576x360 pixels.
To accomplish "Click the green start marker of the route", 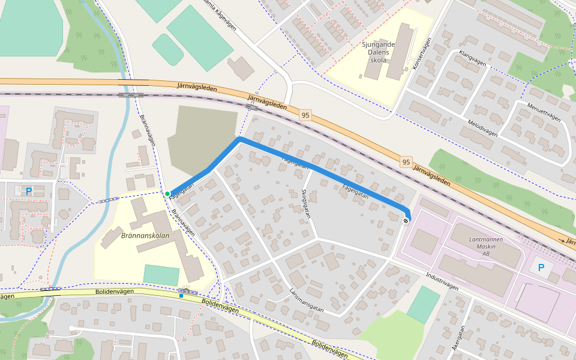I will (x=167, y=193).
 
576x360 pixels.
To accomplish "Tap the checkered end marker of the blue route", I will (x=406, y=221).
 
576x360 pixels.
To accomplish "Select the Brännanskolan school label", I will (x=145, y=236).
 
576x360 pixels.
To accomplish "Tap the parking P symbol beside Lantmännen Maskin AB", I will (x=541, y=268).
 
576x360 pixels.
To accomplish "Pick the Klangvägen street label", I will (x=471, y=58).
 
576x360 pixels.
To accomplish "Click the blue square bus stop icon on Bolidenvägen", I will (x=181, y=295).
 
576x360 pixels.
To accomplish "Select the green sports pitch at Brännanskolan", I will (x=161, y=275).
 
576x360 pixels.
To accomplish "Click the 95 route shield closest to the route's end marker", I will (x=406, y=162).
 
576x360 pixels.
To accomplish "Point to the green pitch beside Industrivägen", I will (x=423, y=305).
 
